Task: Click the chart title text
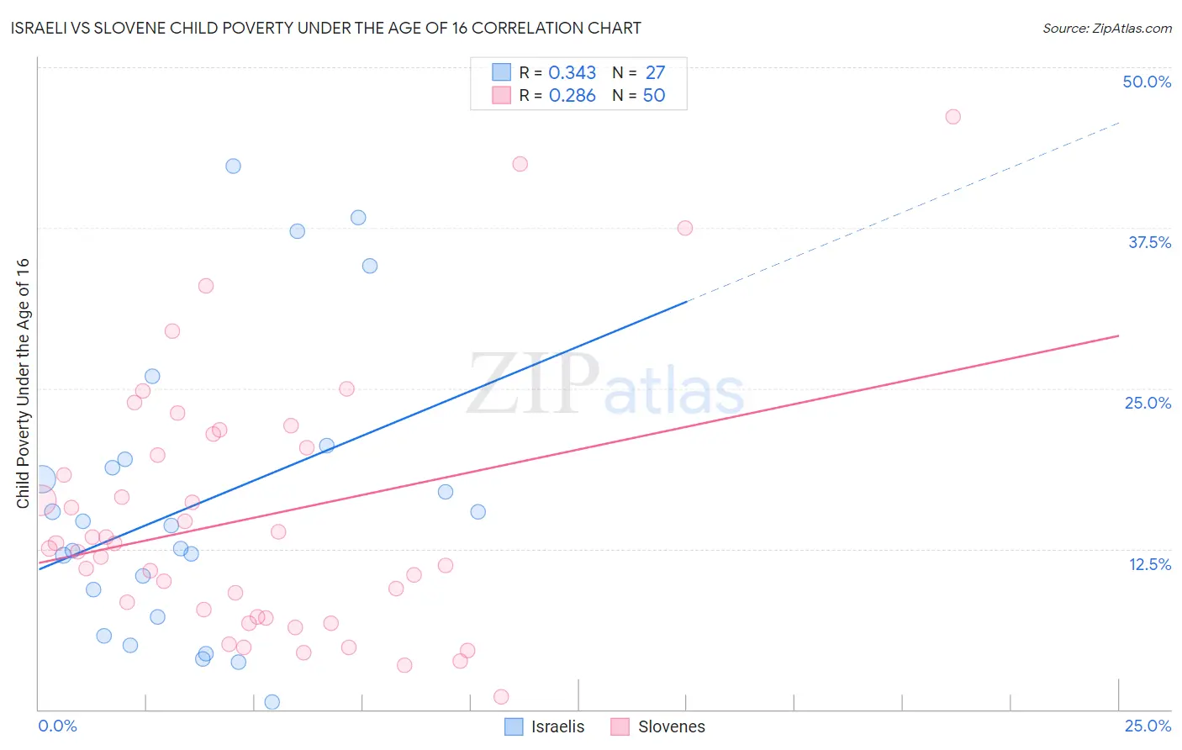click(x=325, y=28)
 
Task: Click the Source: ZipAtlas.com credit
click(x=1106, y=28)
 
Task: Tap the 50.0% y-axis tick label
click(x=1147, y=82)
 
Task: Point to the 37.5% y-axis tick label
click(x=1149, y=242)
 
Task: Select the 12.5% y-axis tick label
click(x=1149, y=563)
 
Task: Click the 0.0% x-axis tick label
click(x=57, y=726)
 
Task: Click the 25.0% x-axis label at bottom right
click(x=1148, y=726)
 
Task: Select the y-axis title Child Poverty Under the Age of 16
click(x=24, y=383)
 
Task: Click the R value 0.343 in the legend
click(x=572, y=73)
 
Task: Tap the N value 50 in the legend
click(x=653, y=96)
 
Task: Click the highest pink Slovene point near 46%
click(x=952, y=117)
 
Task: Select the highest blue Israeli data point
click(x=233, y=166)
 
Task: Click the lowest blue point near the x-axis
click(x=272, y=702)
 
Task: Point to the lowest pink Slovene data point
click(x=501, y=696)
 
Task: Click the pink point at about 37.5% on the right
click(x=684, y=228)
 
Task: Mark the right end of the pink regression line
click(x=1118, y=335)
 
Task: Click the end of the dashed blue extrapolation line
click(x=1119, y=123)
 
